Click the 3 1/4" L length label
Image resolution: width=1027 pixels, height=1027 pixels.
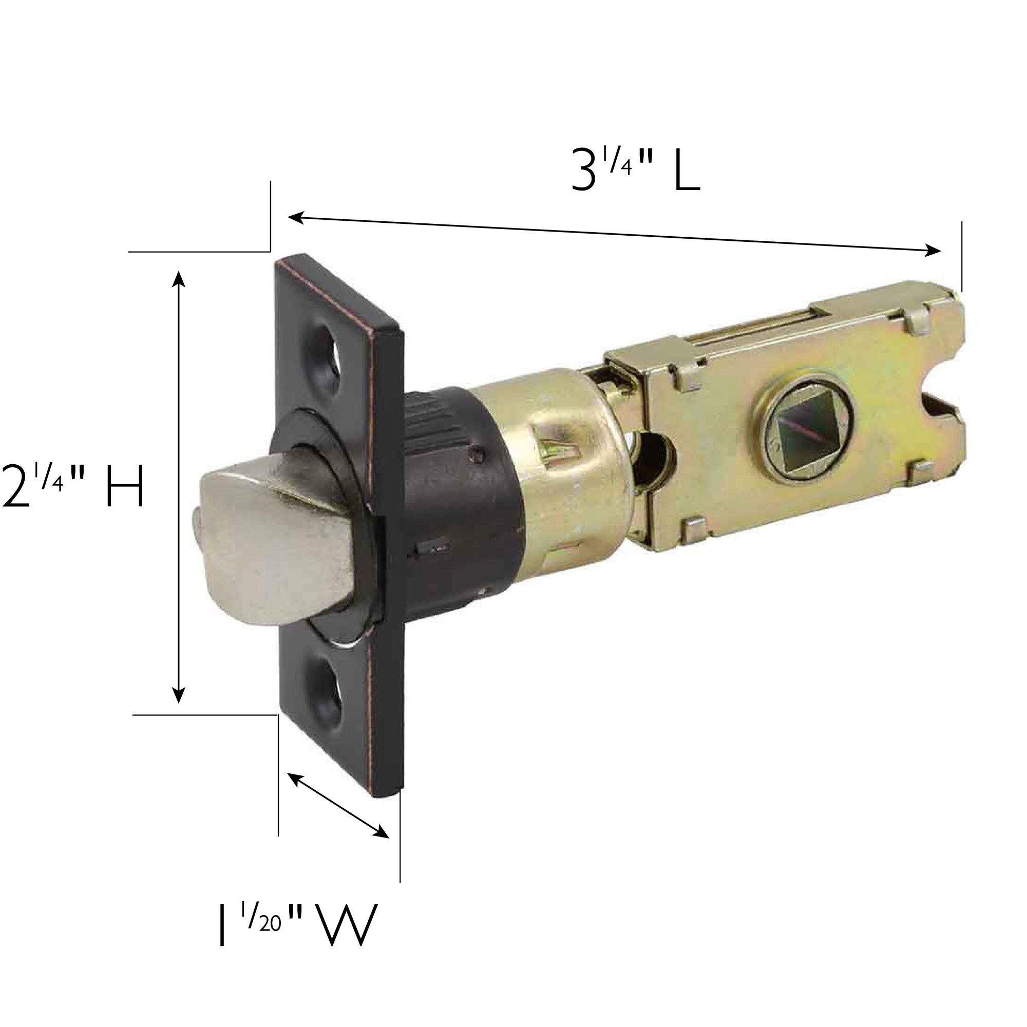[x=635, y=168]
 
